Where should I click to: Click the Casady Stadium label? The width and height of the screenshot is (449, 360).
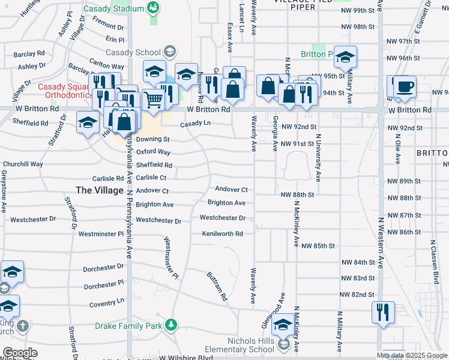tap(114, 8)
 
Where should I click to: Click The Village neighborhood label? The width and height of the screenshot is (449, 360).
tap(100, 190)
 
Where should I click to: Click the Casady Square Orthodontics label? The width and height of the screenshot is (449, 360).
tap(63, 91)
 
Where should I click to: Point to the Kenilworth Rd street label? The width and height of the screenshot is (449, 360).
tap(222, 233)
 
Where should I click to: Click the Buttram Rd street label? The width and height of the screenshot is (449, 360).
tap(217, 286)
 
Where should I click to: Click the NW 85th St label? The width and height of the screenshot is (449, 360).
tap(318, 246)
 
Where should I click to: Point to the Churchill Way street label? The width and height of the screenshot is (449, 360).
tap(23, 164)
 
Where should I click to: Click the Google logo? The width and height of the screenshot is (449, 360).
tap(20, 352)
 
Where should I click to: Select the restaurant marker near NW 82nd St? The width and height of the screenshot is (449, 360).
tap(383, 312)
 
